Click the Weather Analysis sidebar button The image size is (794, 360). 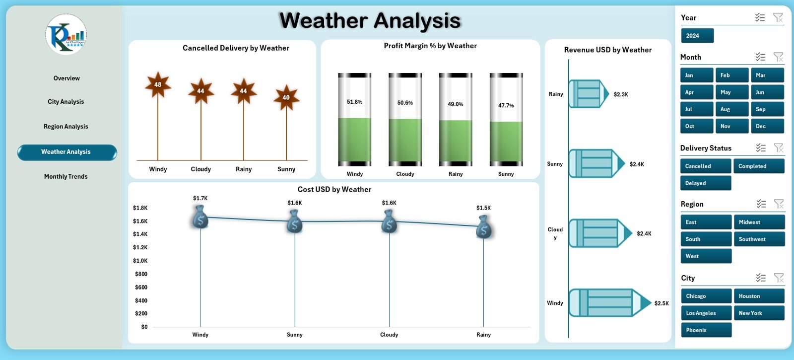67,152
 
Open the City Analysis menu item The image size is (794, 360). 66,102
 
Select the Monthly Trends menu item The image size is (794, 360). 66,177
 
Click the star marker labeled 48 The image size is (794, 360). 158,85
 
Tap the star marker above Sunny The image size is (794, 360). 286,98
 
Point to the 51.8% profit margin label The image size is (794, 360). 354,102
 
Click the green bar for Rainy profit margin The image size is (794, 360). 456,142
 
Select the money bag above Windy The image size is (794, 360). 200,217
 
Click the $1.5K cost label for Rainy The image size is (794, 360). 483,208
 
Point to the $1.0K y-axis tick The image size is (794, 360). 140,261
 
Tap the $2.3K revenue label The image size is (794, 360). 620,94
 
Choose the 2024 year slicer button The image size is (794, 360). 697,36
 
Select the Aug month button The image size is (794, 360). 731,109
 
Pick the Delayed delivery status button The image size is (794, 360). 705,183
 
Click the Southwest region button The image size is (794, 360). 759,239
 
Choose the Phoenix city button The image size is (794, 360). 706,330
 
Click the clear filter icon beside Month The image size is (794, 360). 778,57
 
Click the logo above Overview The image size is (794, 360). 66,34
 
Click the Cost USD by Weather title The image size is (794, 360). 334,190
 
